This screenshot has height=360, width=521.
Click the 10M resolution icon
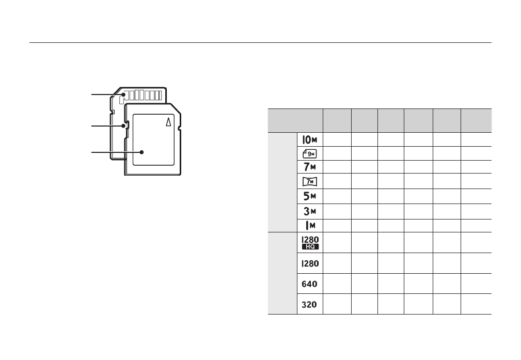310,140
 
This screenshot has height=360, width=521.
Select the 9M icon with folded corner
310,154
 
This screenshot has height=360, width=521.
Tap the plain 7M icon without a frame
310,166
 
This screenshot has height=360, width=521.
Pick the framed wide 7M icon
310,181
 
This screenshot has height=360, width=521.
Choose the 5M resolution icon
310,196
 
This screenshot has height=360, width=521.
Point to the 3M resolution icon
310,211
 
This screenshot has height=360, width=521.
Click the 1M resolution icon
310,226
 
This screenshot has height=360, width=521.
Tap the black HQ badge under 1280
310,247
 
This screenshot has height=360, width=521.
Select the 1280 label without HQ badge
310,263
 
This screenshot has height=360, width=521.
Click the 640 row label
309,284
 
